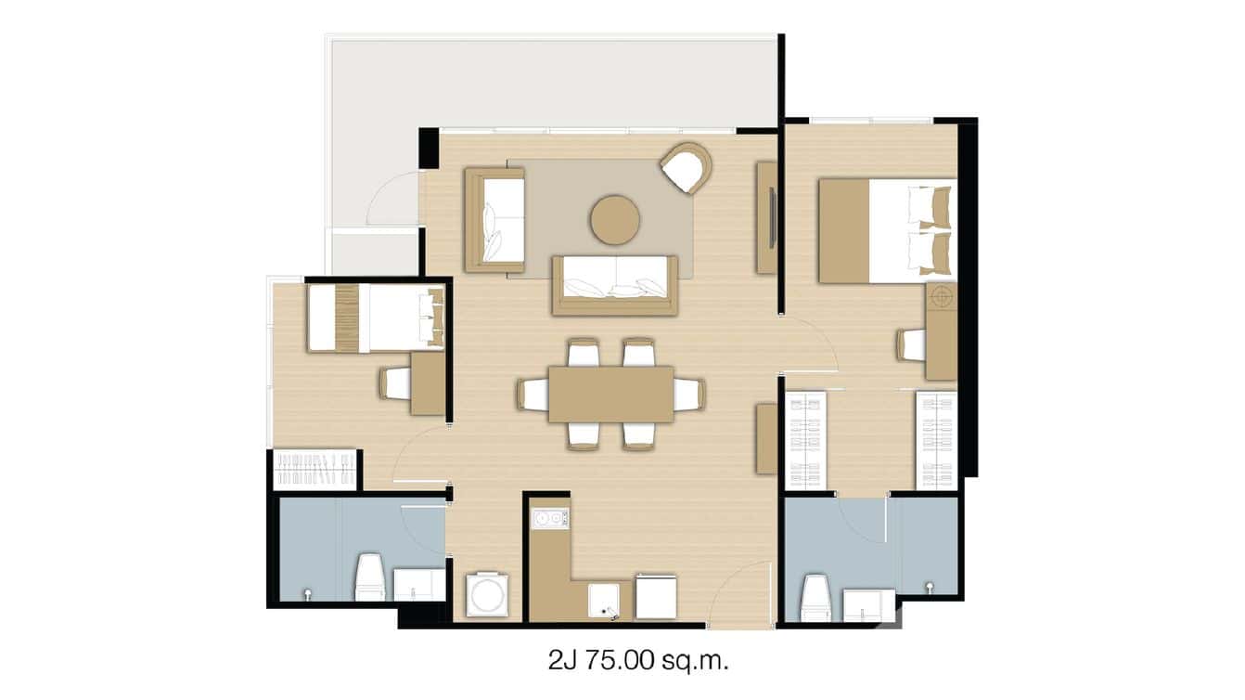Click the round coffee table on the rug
(614, 219)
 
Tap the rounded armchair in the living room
(686, 168)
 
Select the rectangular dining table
(610, 394)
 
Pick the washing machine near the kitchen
(486, 594)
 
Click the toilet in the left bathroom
(369, 577)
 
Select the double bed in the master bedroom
(886, 230)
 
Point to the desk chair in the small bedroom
(395, 382)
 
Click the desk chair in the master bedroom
(911, 345)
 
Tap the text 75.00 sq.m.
(668, 661)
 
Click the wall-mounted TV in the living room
(773, 218)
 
